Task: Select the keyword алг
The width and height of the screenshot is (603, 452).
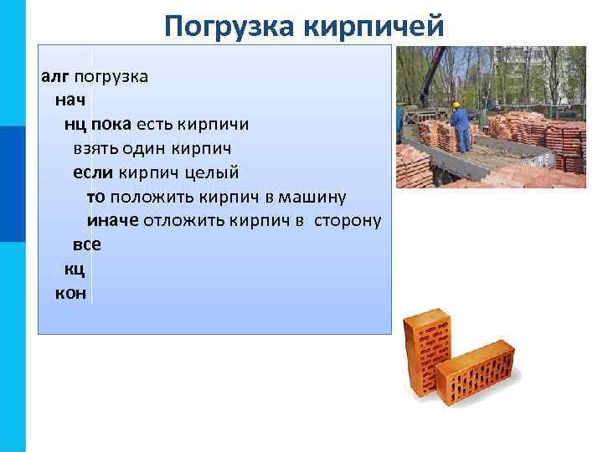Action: click(x=55, y=77)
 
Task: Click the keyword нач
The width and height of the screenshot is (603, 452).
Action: click(x=70, y=100)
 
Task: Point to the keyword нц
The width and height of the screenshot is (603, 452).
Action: click(x=75, y=125)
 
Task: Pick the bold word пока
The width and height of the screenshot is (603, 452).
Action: click(x=111, y=125)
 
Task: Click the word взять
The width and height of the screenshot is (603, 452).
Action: click(x=95, y=149)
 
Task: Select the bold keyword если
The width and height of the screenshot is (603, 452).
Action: click(x=93, y=173)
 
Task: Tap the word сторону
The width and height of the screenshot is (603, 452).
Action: click(x=348, y=221)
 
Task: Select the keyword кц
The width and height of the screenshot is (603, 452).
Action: click(x=75, y=270)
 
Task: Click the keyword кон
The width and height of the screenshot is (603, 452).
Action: click(x=70, y=294)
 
